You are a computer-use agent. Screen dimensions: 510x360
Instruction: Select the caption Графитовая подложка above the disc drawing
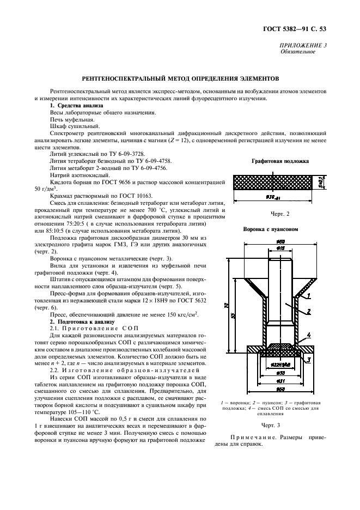(280, 161)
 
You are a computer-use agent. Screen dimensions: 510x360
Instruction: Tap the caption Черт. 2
(280, 214)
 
